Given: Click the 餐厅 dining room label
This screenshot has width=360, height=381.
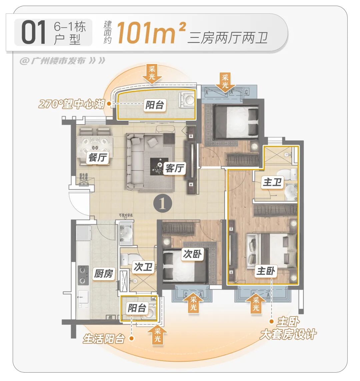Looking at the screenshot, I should pyautogui.click(x=98, y=157).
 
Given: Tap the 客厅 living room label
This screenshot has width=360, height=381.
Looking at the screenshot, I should pyautogui.click(x=175, y=168).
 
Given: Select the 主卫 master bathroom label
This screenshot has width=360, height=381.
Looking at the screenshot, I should pyautogui.click(x=272, y=182).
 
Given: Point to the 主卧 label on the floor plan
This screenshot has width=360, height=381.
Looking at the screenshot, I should pyautogui.click(x=266, y=271).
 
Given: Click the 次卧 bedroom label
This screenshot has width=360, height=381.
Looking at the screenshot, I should pyautogui.click(x=192, y=254).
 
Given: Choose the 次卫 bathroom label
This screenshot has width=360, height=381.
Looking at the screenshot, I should pyautogui.click(x=143, y=267).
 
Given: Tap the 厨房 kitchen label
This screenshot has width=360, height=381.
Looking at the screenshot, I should pyautogui.click(x=103, y=274).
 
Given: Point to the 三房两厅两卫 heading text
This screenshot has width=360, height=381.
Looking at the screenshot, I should pyautogui.click(x=228, y=37).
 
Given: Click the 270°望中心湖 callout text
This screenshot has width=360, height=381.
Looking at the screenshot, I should pyautogui.click(x=72, y=104).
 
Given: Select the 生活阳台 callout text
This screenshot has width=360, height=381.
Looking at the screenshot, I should pyautogui.click(x=104, y=339).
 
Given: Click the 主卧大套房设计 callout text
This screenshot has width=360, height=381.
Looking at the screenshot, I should pyautogui.click(x=288, y=329).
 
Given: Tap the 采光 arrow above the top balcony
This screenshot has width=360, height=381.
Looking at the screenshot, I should pyautogui.click(x=152, y=74).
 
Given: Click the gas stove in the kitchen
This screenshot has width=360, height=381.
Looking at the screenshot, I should pyautogui.click(x=83, y=275).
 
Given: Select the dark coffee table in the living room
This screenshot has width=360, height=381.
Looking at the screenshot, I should pyautogui.click(x=159, y=166).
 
